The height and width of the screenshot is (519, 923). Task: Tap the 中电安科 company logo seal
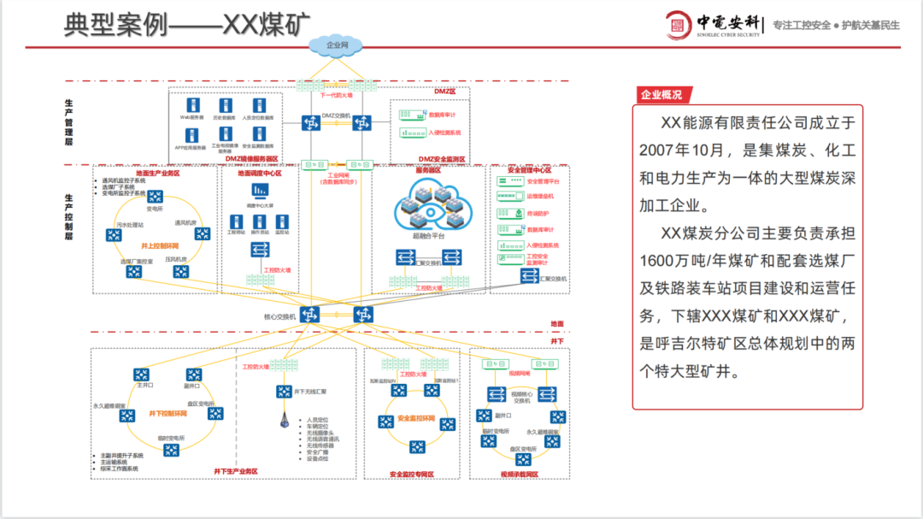point(679,25)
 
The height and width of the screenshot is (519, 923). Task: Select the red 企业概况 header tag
point(662,95)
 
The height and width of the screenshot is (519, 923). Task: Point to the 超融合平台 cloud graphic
point(433,208)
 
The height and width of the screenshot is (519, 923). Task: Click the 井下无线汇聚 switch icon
point(283,392)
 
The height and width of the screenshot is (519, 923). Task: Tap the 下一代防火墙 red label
point(336,96)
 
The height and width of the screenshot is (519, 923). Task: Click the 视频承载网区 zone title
point(519,474)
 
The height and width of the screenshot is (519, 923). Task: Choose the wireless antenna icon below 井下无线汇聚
point(282,421)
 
